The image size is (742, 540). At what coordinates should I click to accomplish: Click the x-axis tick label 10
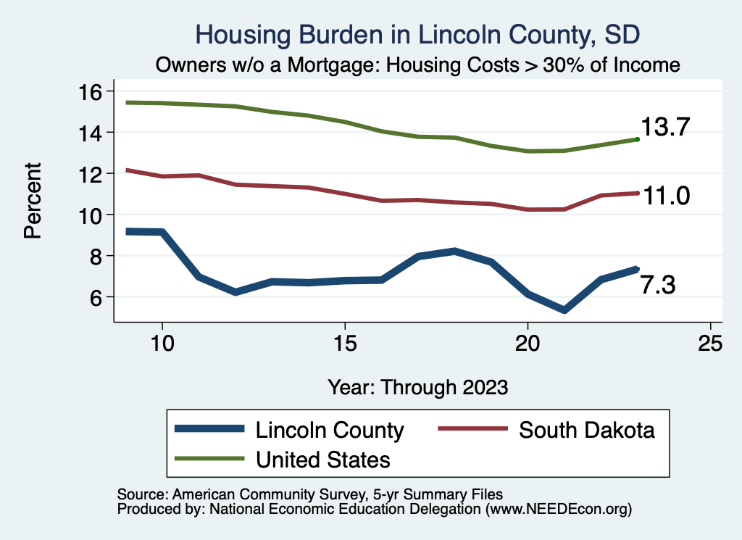[x=162, y=344]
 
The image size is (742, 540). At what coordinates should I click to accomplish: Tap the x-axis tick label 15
[x=345, y=344]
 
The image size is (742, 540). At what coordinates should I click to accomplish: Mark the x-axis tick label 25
[x=710, y=344]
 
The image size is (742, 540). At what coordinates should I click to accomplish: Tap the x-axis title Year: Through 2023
[x=417, y=386]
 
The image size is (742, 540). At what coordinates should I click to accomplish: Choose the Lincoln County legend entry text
[x=330, y=430]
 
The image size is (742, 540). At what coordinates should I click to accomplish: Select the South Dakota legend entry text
[x=587, y=430]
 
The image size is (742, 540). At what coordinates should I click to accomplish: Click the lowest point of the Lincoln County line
[x=564, y=310]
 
